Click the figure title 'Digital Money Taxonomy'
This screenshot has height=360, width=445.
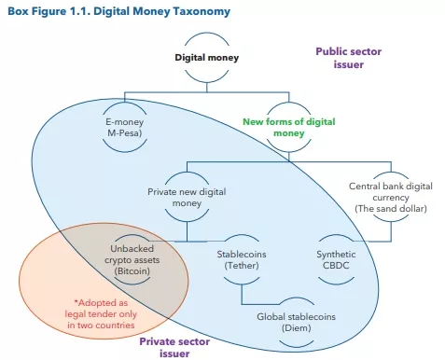pos(167,11)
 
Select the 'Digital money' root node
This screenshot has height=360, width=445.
pos(207,58)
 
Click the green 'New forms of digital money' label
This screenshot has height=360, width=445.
pos(288,127)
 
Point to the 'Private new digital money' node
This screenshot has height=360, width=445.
pos(187,197)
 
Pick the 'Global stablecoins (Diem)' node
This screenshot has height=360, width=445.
pos(296,321)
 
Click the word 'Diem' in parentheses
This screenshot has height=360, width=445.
pos(296,327)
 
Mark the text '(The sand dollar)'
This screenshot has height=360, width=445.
pos(391,208)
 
